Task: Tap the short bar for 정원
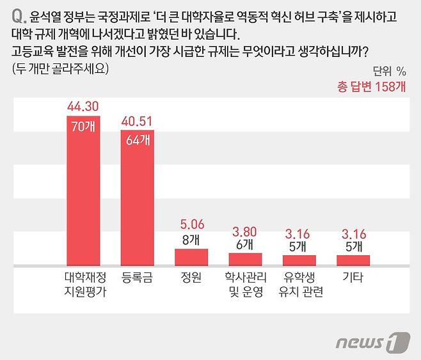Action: tap(191, 257)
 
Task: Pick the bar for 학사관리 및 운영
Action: tap(245, 259)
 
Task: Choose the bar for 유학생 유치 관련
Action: tap(299, 260)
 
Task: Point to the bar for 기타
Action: tap(353, 260)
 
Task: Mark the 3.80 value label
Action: tap(245, 231)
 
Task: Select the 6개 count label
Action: tap(245, 244)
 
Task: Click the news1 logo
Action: tap(372, 341)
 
